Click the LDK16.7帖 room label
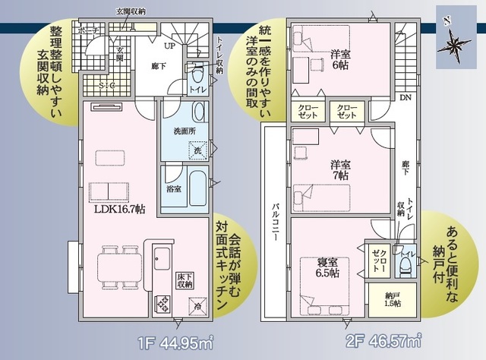[118, 210]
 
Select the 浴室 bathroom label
[173, 188]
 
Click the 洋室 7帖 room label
[339, 169]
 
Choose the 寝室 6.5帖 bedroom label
[329, 267]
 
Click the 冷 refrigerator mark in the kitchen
[197, 308]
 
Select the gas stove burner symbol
[163, 305]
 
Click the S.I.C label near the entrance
[106, 86]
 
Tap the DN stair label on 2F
[406, 98]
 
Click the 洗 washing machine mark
[197, 151]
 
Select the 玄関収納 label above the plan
[130, 11]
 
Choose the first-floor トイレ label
[197, 89]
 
